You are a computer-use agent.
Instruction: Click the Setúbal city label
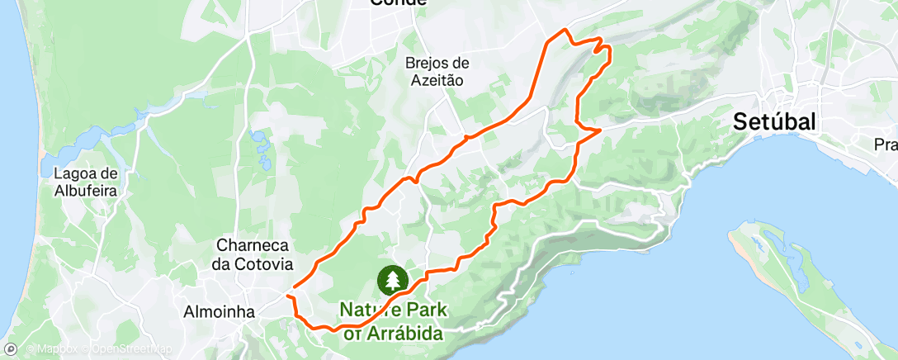(775, 121)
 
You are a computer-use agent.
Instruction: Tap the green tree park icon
(393, 280)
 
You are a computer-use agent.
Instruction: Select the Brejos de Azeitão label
(437, 71)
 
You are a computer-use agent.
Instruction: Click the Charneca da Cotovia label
(254, 254)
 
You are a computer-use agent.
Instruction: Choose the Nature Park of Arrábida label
(393, 321)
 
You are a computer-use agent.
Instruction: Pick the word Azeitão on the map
(437, 80)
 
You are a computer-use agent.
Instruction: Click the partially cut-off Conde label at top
(399, 2)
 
